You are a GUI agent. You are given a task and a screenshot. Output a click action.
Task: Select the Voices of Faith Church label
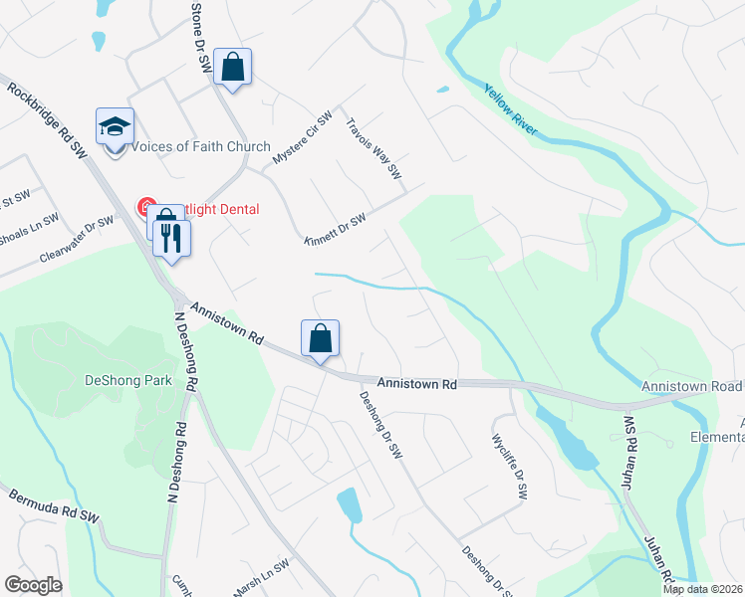[x=200, y=147]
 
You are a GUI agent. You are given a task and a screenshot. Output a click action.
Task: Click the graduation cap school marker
[x=115, y=126]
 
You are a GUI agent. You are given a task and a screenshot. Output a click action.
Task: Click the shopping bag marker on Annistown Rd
[x=321, y=338]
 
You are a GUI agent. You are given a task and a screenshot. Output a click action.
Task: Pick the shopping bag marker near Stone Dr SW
[x=233, y=68]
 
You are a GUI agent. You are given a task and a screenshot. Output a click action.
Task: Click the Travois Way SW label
[x=372, y=149]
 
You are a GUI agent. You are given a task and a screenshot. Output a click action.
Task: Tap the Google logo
[x=33, y=585]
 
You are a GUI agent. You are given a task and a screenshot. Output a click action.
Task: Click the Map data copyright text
[x=703, y=589]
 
